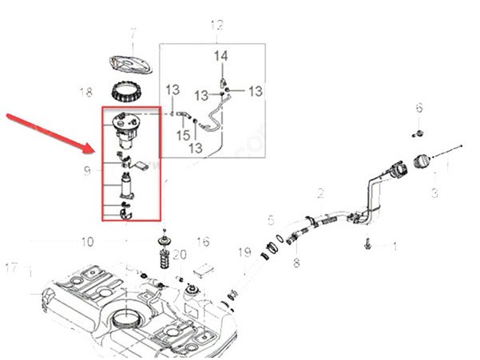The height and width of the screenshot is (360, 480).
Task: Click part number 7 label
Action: tap(133, 34)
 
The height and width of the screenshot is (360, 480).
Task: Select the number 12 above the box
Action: tap(217, 26)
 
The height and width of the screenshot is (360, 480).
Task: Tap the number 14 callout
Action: tap(221, 56)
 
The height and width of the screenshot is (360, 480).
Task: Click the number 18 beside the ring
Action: tap(86, 93)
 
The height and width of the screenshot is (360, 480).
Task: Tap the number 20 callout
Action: tap(179, 255)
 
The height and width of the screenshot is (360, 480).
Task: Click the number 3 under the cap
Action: tap(434, 192)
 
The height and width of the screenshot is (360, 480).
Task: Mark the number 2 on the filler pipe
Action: tap(320, 193)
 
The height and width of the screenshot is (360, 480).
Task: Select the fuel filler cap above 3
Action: tap(420, 162)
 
